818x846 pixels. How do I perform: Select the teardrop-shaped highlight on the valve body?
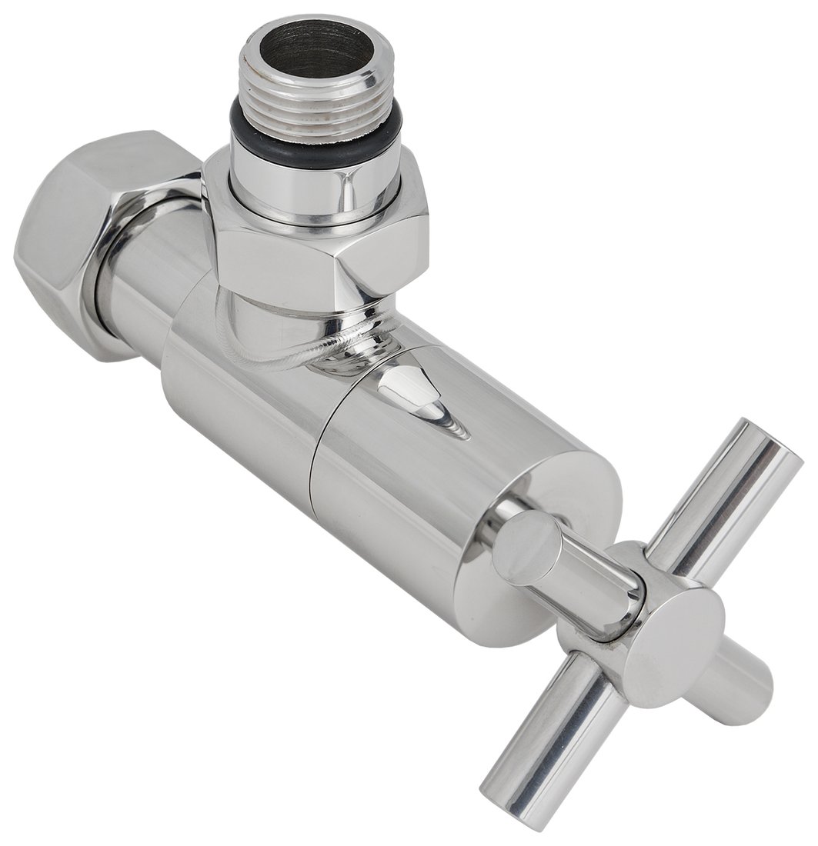click(x=419, y=400)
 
